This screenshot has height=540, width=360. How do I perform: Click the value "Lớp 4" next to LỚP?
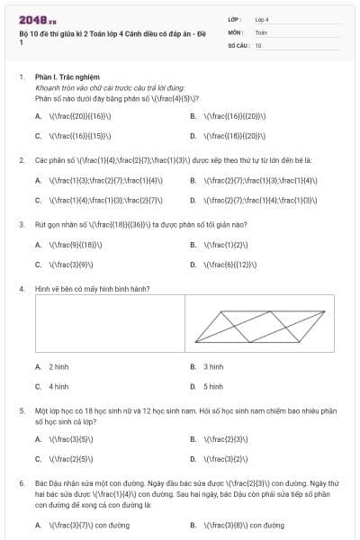point(262,18)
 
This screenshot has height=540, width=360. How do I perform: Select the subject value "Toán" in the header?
point(261,31)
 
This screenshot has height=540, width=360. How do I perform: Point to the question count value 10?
point(258,44)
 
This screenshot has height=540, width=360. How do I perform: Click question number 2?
point(21,160)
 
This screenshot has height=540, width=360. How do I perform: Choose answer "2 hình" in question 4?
point(58,367)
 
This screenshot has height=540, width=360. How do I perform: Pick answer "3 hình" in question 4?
point(213,367)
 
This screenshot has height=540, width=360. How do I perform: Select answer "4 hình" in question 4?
point(58,387)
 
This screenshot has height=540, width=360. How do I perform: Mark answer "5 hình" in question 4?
point(213,387)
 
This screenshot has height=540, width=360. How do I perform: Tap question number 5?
point(21,410)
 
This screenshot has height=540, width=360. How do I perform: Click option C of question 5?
point(66,459)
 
